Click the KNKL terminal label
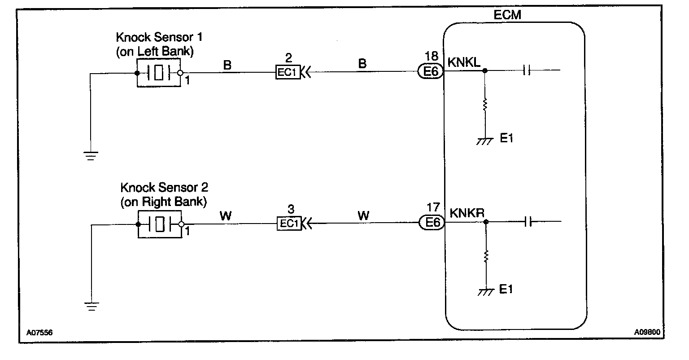point(464,63)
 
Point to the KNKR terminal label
point(467,213)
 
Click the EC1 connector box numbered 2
point(288,73)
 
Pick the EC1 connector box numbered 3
point(289,223)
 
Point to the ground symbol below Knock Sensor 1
point(91,156)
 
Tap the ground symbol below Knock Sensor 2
point(91,307)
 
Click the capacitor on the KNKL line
point(528,70)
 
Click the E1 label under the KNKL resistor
point(506,139)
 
